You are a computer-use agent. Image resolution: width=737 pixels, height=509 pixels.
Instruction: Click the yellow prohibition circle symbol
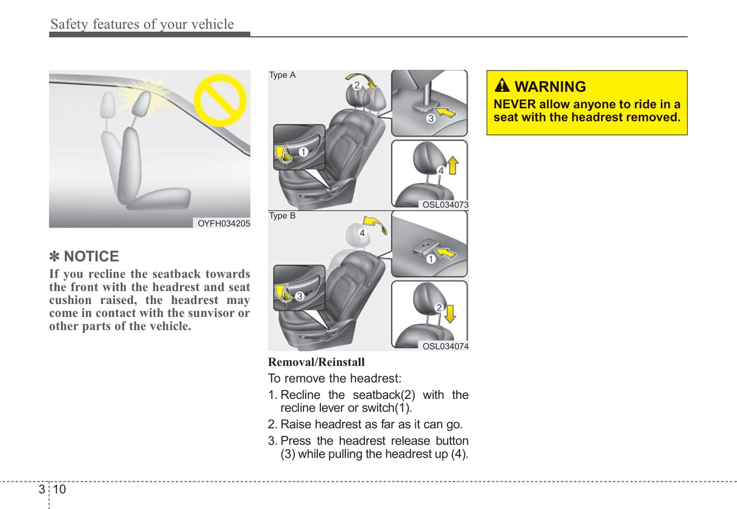pos(220,100)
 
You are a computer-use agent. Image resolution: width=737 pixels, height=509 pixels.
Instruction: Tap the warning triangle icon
pos(502,85)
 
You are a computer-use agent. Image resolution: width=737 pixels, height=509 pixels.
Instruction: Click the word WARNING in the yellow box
pos(550,87)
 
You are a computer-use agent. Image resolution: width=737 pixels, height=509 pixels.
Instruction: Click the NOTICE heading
pos(91,256)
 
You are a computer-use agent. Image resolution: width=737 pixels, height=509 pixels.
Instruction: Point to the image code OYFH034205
pos(223,223)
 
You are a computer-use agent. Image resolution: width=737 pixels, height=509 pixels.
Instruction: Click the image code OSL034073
pos(445,205)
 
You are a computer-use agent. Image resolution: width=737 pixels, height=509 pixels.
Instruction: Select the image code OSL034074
pos(445,346)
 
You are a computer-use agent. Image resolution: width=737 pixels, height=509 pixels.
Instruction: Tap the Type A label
pos(282,75)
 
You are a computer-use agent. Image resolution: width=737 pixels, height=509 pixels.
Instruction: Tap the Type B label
pos(282,216)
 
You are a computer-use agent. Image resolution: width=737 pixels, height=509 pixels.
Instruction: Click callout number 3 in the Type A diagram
pos(430,118)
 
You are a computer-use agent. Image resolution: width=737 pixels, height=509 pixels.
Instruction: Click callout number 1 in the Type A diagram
pos(303,152)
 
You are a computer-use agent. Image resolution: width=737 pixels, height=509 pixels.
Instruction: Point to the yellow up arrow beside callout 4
pos(452,166)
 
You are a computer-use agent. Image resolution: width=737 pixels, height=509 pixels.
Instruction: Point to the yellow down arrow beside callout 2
pos(449,313)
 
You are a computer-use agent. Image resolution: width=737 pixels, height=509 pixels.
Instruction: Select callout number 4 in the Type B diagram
pos(362,233)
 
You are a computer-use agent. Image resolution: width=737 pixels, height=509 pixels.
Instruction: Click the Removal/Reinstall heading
pos(316,362)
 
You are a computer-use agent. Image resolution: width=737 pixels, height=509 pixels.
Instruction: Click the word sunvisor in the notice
pos(209,313)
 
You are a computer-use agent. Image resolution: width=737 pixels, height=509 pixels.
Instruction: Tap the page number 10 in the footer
pos(59,490)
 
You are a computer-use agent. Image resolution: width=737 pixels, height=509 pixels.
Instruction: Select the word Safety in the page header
pos(69,24)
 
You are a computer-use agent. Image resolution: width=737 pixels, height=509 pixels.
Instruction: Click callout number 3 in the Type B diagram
pos(299,296)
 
